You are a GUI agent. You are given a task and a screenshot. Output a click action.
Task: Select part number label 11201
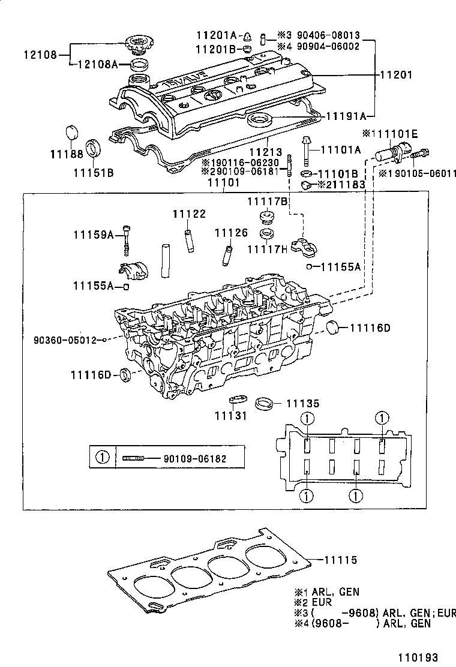point(395,75)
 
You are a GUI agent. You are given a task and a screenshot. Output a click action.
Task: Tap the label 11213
point(265,152)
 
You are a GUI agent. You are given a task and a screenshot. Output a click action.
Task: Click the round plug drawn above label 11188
point(73,133)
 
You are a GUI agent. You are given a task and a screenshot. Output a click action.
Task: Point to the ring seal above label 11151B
point(93,148)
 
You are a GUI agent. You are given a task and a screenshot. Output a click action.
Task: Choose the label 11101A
point(340,149)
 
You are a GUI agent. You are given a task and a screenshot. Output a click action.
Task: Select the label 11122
point(189,214)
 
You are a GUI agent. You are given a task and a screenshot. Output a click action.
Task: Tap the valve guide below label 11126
point(226,254)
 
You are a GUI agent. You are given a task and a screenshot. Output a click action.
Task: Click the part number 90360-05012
point(65,340)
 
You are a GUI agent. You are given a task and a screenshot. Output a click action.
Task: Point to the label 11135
point(302,403)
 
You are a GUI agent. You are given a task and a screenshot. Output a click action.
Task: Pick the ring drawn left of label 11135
point(264,403)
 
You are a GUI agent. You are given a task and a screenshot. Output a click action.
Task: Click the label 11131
point(230,416)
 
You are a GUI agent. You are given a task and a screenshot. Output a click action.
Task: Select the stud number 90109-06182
point(195,458)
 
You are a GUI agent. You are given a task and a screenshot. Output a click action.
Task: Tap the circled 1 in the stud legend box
point(103,457)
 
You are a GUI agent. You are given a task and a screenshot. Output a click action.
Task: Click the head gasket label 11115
point(341,560)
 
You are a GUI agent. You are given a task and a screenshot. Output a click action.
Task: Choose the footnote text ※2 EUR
point(313,602)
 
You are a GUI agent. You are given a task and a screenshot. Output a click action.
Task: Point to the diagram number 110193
point(418,657)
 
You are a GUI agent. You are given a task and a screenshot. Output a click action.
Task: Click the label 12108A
point(98,64)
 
